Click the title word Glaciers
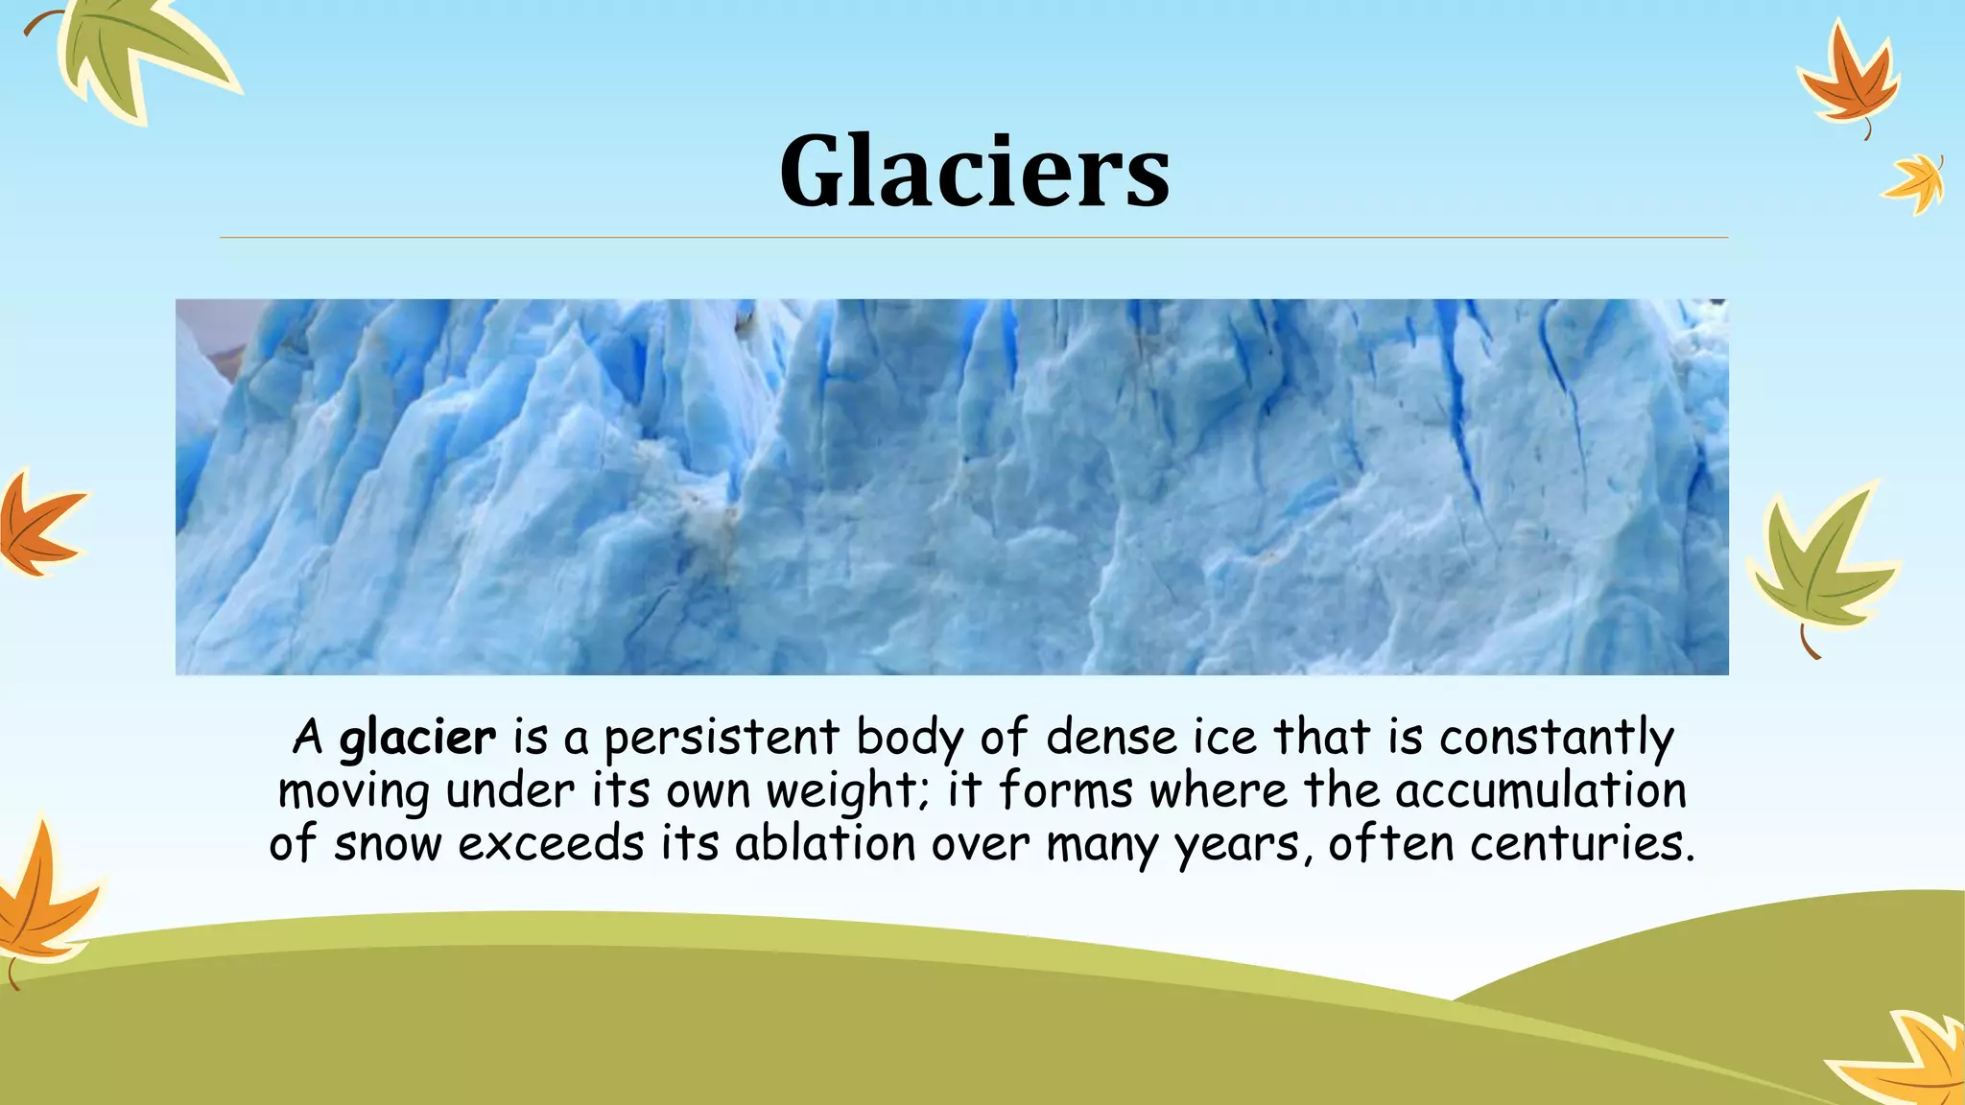pos(974,171)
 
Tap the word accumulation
pos(1540,791)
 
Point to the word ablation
pos(825,844)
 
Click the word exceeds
pos(551,844)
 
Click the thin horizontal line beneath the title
pos(974,237)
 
